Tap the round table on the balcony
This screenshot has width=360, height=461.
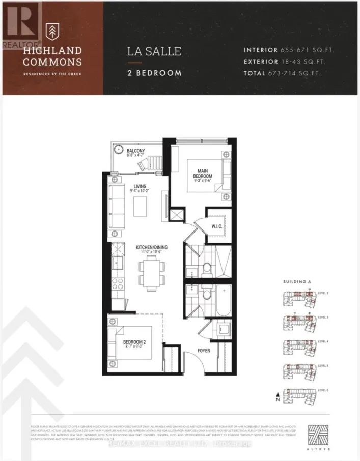pyautogui.click(x=118, y=149)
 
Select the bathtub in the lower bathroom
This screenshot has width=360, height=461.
pyautogui.click(x=223, y=301)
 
